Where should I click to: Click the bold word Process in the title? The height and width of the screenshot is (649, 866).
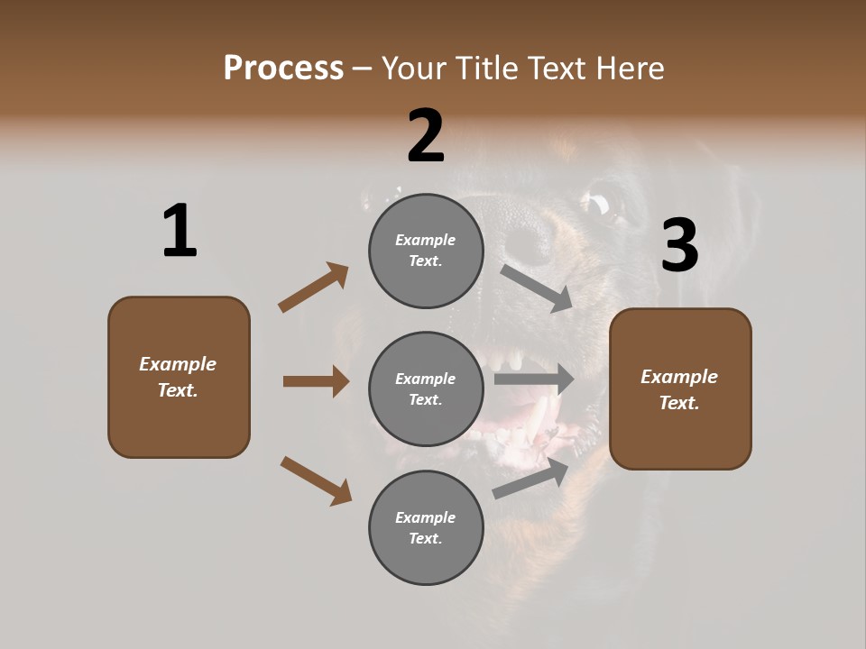283,68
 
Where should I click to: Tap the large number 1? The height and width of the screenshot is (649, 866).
180,231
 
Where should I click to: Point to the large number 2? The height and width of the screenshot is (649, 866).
426,136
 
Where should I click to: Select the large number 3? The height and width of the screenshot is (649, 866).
679,245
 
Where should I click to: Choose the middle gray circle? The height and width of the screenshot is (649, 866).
426,388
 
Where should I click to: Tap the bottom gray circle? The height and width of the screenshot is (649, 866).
426,527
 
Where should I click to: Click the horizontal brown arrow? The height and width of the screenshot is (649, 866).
316,381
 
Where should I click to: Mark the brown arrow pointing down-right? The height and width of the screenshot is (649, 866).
316,480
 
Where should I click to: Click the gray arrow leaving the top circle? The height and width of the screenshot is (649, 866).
537,288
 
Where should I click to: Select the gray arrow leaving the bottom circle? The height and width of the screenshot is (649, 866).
531,479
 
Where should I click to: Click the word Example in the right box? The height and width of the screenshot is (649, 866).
679,377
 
